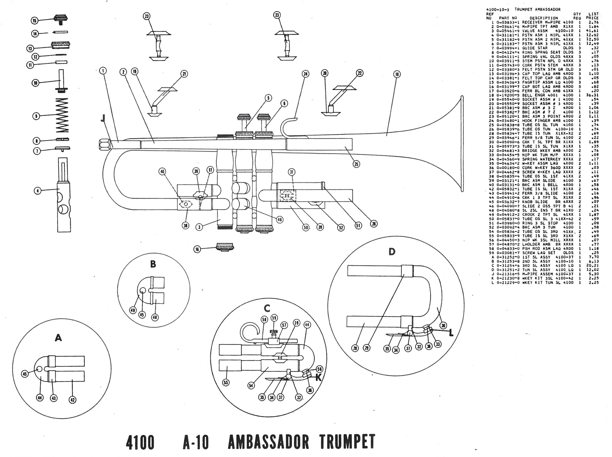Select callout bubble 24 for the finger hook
pyautogui.click(x=306, y=74)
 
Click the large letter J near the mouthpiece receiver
pyautogui.click(x=103, y=119)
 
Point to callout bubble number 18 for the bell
pyautogui.click(x=397, y=74)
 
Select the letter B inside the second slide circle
pyautogui.click(x=153, y=264)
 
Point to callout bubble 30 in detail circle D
pyautogui.click(x=443, y=325)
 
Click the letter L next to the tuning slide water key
pyautogui.click(x=451, y=333)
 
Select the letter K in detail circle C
pyautogui.click(x=318, y=377)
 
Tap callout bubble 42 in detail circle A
pyautogui.click(x=72, y=400)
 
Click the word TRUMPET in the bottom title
pyautogui.click(x=347, y=442)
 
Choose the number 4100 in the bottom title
pyautogui.click(x=140, y=442)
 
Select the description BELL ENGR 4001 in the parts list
pyautogui.click(x=538, y=95)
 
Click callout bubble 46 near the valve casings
pyautogui.click(x=279, y=220)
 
